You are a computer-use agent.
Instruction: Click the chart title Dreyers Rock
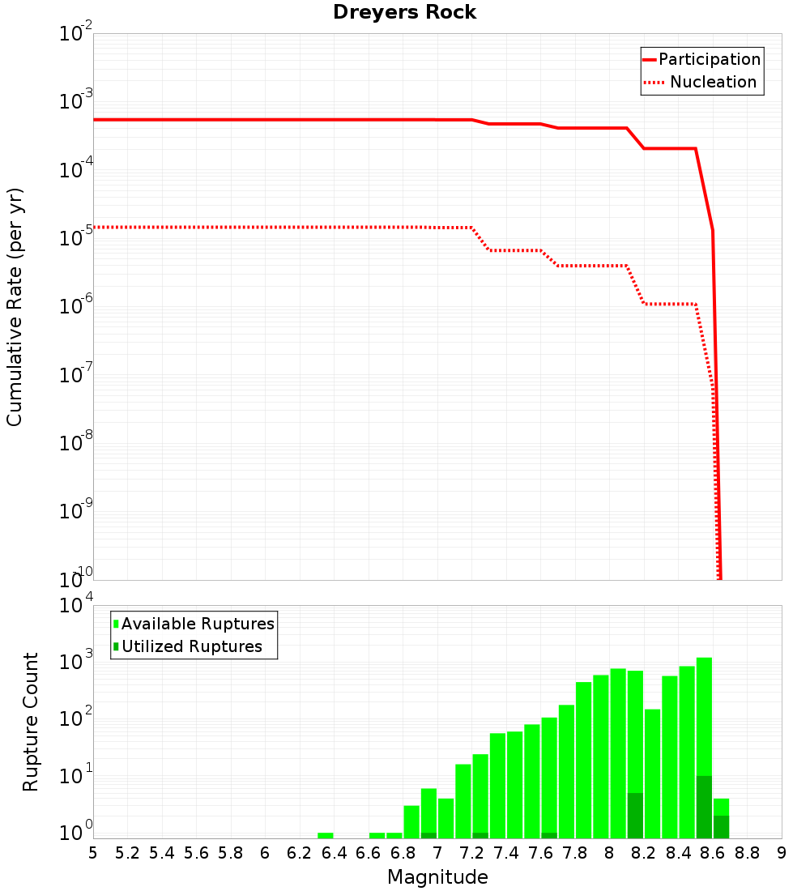tap(404, 12)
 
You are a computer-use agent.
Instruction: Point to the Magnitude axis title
tap(437, 877)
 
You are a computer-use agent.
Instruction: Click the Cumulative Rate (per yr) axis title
tap(15, 307)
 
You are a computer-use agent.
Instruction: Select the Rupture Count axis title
tap(31, 722)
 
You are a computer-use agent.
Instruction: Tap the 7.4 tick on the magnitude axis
tap(506, 853)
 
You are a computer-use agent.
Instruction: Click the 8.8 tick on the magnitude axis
tap(748, 853)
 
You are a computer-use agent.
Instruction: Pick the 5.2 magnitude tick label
tap(127, 853)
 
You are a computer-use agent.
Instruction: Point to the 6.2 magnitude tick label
tap(300, 853)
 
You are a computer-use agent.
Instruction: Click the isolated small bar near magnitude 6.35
tap(326, 835)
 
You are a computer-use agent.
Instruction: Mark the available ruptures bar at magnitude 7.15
tap(463, 801)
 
